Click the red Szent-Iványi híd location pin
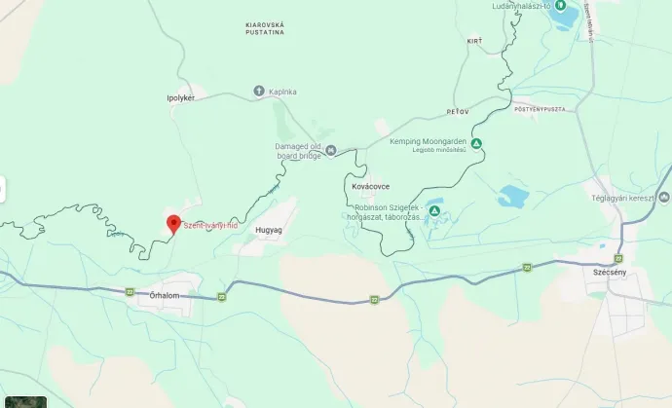pyautogui.click(x=172, y=223)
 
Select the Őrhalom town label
pyautogui.click(x=166, y=295)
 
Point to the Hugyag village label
pyautogui.click(x=268, y=230)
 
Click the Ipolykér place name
pyautogui.click(x=180, y=98)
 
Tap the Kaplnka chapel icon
pyautogui.click(x=259, y=91)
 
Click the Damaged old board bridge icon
pyautogui.click(x=331, y=150)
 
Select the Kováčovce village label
pyautogui.click(x=369, y=185)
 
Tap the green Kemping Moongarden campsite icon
pyautogui.click(x=476, y=144)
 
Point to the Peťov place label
pyautogui.click(x=458, y=112)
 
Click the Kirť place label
pyautogui.click(x=474, y=41)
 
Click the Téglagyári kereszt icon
pyautogui.click(x=663, y=197)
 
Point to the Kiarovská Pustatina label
pyautogui.click(x=265, y=26)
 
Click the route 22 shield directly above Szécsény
pyautogui.click(x=617, y=258)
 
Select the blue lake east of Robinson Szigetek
pyautogui.click(x=512, y=197)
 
